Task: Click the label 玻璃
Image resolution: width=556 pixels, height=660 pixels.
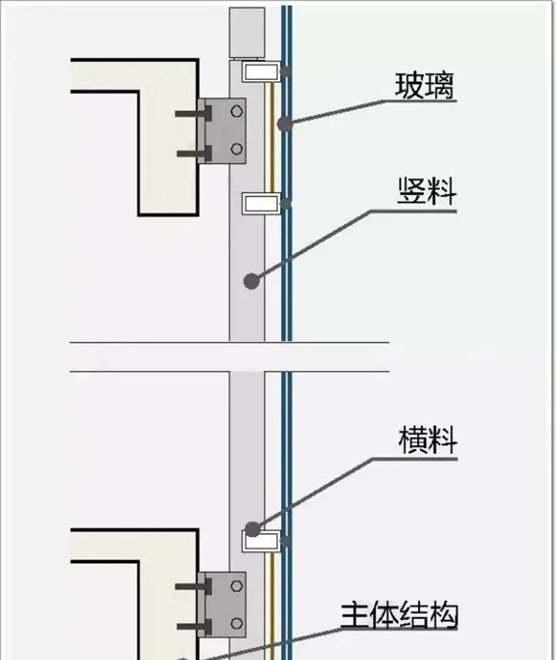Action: pyautogui.click(x=425, y=87)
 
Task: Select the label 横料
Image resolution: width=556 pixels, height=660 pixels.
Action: pyautogui.click(x=427, y=440)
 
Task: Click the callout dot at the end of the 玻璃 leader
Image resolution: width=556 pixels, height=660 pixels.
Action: pyautogui.click(x=284, y=124)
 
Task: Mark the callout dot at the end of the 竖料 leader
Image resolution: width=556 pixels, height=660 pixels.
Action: pyautogui.click(x=251, y=281)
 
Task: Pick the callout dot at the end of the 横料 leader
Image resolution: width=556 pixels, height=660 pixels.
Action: pyautogui.click(x=252, y=529)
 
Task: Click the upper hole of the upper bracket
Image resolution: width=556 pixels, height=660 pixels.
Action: pyautogui.click(x=237, y=110)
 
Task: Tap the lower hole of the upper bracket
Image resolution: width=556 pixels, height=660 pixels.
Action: pyautogui.click(x=237, y=148)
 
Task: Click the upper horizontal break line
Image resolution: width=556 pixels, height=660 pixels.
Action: pyautogui.click(x=229, y=343)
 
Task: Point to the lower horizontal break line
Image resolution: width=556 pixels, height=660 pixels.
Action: pyautogui.click(x=229, y=371)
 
